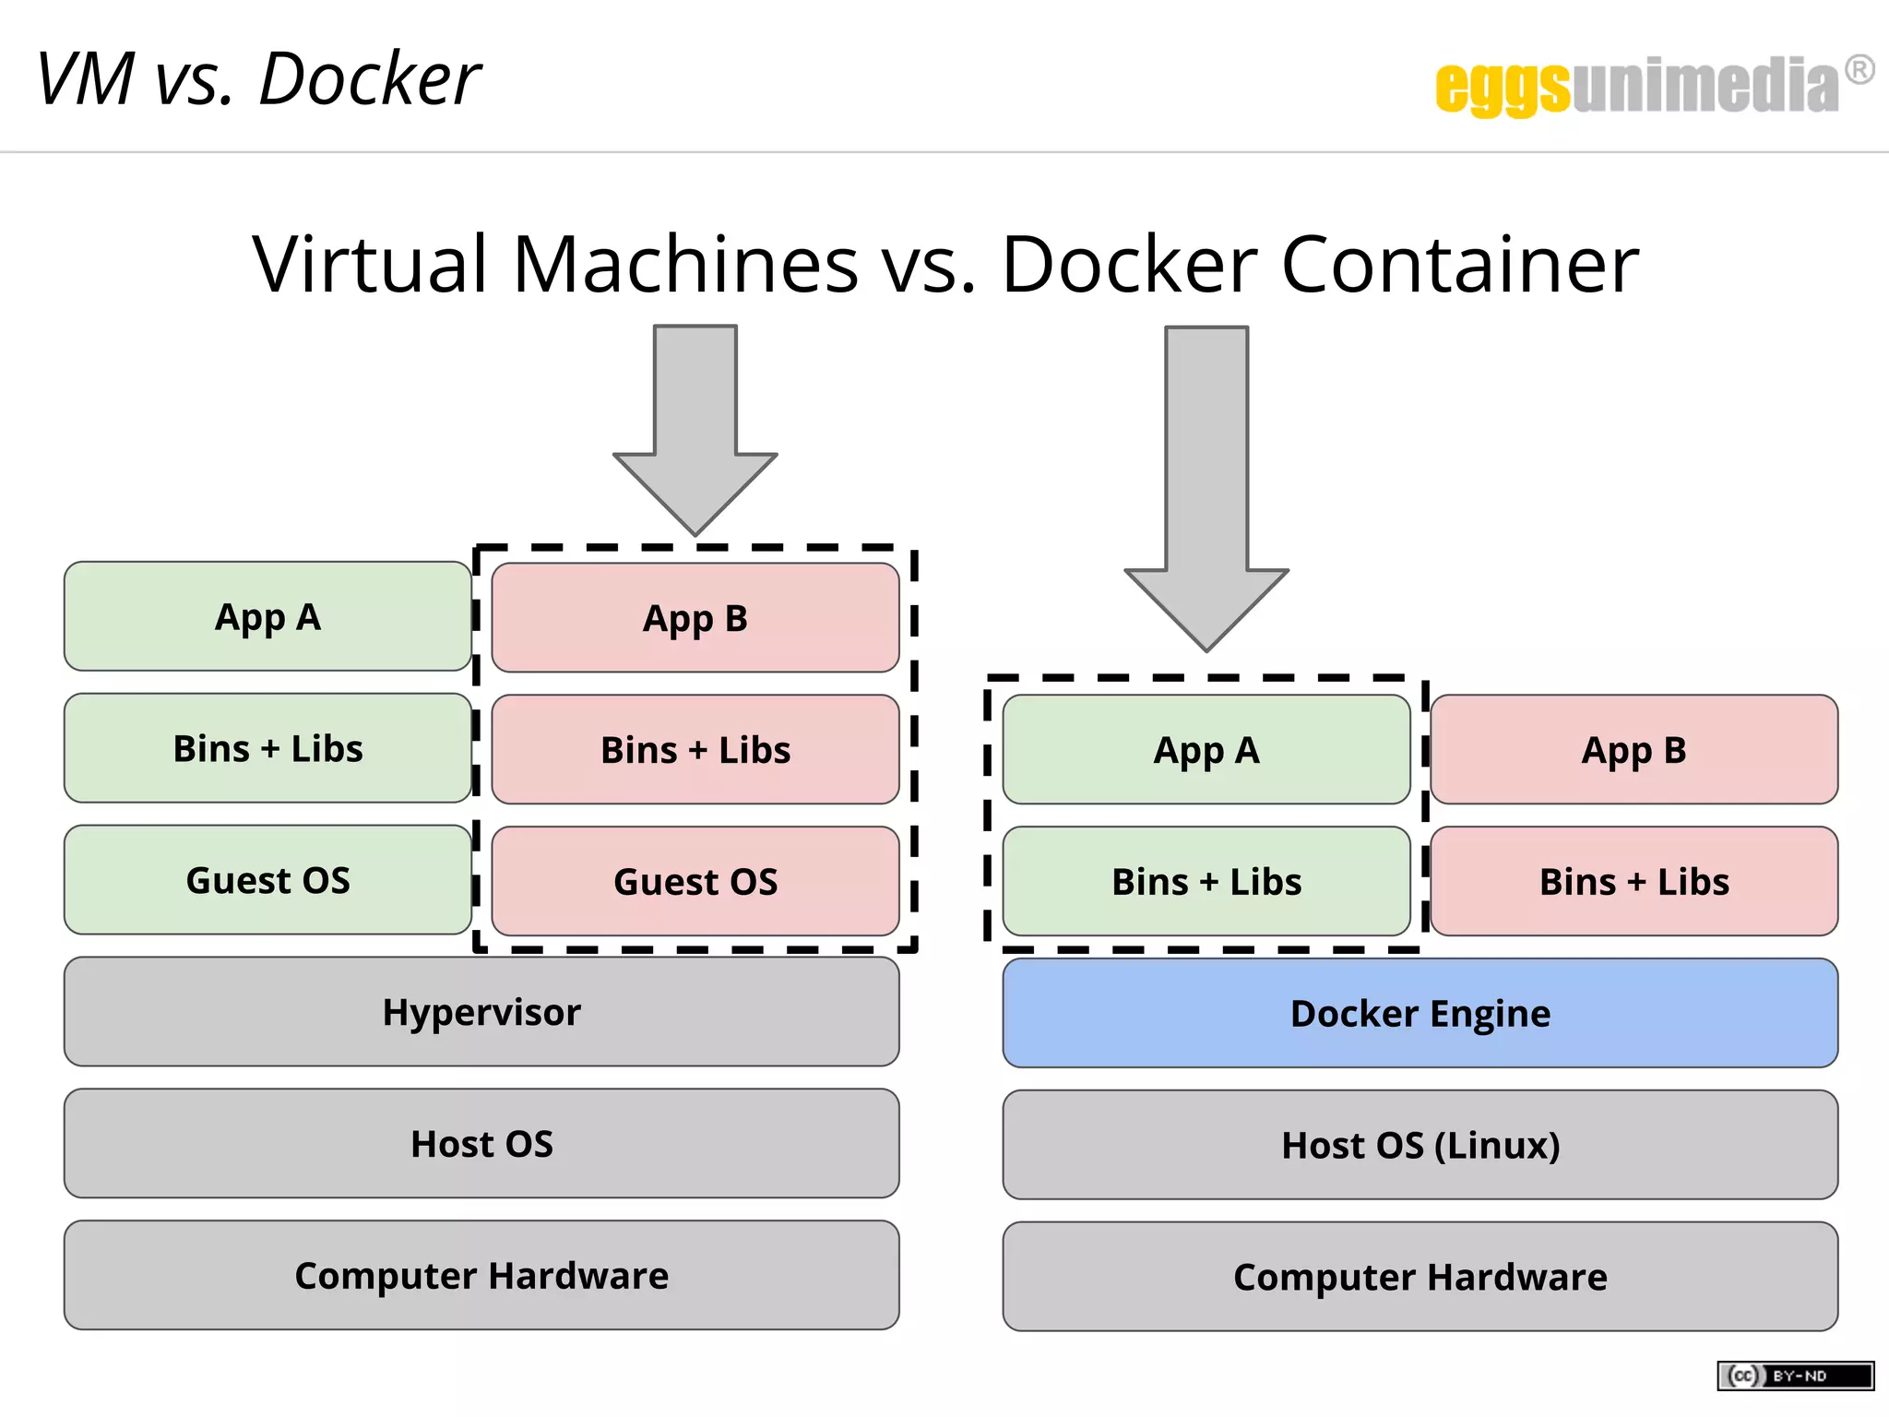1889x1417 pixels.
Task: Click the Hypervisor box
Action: pos(481,1012)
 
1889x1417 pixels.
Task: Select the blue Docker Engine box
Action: pos(1420,1013)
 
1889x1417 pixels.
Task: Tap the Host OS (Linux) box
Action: pos(1420,1145)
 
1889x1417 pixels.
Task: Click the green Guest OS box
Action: pos(267,880)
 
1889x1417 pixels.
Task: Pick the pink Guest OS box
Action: pos(695,881)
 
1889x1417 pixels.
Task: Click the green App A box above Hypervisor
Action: pos(267,616)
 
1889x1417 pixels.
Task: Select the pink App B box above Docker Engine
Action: pos(1634,749)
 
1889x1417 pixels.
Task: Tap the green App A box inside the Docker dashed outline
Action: pos(1206,749)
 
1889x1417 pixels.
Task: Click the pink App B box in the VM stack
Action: pos(695,617)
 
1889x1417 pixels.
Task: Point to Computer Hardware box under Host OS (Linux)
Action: pos(1420,1277)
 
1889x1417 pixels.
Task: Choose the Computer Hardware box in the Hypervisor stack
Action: pos(481,1275)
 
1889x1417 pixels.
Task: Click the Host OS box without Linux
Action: pos(481,1144)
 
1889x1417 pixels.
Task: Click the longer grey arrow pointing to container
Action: pos(1206,489)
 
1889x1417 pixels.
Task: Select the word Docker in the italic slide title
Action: pos(369,79)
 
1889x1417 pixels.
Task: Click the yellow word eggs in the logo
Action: pos(1502,87)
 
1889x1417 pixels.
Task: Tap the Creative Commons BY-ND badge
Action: pos(1795,1375)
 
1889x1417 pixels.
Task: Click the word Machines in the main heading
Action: pos(685,265)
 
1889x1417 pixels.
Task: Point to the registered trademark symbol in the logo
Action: pos(1859,70)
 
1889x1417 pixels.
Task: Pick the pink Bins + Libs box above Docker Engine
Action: pos(1634,881)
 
